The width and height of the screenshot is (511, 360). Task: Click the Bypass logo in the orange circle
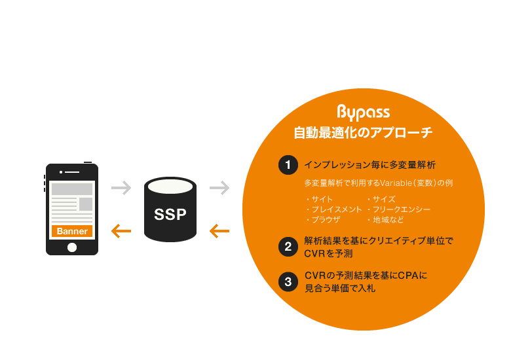[x=364, y=113]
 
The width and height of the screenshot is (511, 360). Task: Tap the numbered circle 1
[x=288, y=165]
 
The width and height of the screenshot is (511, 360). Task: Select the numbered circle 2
[x=288, y=247]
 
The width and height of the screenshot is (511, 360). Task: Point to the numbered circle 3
[x=288, y=281]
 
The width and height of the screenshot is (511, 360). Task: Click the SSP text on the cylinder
[x=170, y=214]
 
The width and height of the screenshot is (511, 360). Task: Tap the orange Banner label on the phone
[x=72, y=231]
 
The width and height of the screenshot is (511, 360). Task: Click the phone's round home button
[x=72, y=247]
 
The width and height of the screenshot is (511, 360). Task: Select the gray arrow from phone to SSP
[x=121, y=187]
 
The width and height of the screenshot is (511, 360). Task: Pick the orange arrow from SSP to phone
[x=121, y=231]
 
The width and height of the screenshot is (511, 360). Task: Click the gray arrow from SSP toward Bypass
[x=219, y=187]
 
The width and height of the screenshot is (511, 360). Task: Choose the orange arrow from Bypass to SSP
[x=219, y=231]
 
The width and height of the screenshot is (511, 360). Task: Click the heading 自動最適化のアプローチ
[x=363, y=132]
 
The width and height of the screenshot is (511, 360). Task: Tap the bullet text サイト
[x=322, y=199]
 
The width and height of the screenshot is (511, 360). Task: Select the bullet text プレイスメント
[x=337, y=209]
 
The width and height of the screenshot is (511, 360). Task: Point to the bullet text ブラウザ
[x=326, y=220]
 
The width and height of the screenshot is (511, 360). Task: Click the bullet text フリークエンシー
[x=402, y=209]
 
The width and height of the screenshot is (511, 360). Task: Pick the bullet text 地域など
[x=388, y=220]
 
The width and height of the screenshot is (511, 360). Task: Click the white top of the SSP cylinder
[x=170, y=187]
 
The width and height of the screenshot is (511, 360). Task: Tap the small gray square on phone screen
[x=86, y=204]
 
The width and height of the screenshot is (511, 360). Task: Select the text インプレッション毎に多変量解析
[x=370, y=165]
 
